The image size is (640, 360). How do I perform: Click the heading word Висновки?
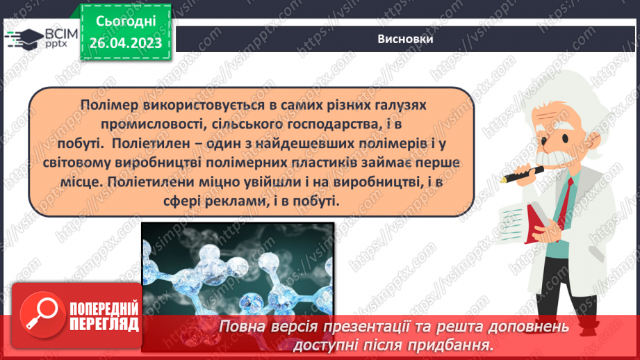[x=406, y=40]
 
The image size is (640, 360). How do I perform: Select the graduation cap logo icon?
[x=26, y=38]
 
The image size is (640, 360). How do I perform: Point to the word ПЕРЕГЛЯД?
[x=104, y=324]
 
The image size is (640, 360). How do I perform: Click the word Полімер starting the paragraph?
[x=103, y=104]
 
